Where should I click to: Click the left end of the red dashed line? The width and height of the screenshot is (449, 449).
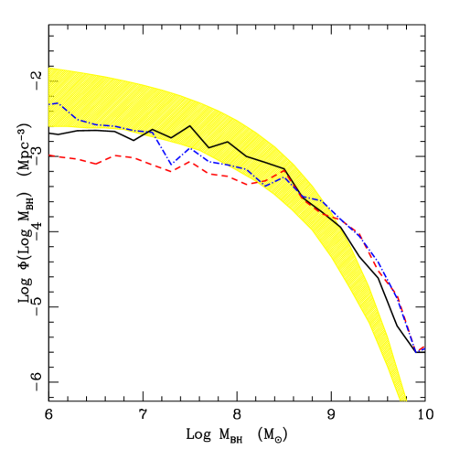48,155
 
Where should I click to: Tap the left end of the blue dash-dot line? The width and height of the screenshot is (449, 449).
48,104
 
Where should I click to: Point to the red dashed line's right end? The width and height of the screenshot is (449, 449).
423,347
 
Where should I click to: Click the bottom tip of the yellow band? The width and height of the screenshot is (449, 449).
402,400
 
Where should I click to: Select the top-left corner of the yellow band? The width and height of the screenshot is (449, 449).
48,68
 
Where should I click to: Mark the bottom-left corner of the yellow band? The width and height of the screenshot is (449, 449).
48,127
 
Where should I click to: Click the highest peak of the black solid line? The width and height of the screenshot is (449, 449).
190,126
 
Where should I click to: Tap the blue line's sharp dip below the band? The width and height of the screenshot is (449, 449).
171,164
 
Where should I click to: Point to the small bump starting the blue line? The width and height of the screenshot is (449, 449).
58,102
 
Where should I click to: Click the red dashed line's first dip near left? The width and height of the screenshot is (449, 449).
96,164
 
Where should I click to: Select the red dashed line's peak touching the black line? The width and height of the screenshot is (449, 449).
284,170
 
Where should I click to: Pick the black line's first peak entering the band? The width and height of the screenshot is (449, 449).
153,130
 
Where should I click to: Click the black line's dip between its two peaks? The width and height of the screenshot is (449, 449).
171,137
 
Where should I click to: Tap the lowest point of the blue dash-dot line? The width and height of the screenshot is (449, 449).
417,351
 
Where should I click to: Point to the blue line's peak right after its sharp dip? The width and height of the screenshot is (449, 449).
189,149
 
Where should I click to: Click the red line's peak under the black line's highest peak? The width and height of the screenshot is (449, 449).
190,162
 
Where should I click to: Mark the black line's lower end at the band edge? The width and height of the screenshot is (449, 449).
341,226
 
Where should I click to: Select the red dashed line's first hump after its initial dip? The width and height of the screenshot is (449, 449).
116,155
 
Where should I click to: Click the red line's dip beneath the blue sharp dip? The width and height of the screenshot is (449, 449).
171,171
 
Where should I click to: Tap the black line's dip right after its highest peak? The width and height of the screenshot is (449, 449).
209,147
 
